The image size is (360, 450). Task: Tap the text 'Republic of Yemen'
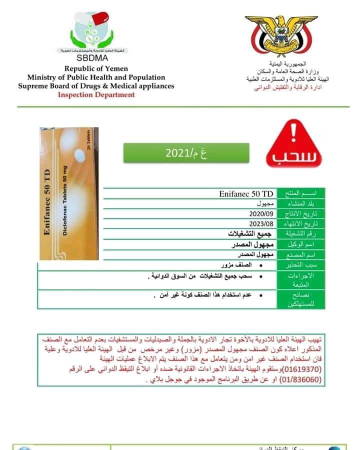(96, 68)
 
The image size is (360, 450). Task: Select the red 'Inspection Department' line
(96, 94)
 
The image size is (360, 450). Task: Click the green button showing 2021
(186, 152)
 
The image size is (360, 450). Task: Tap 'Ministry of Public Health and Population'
(96, 77)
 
